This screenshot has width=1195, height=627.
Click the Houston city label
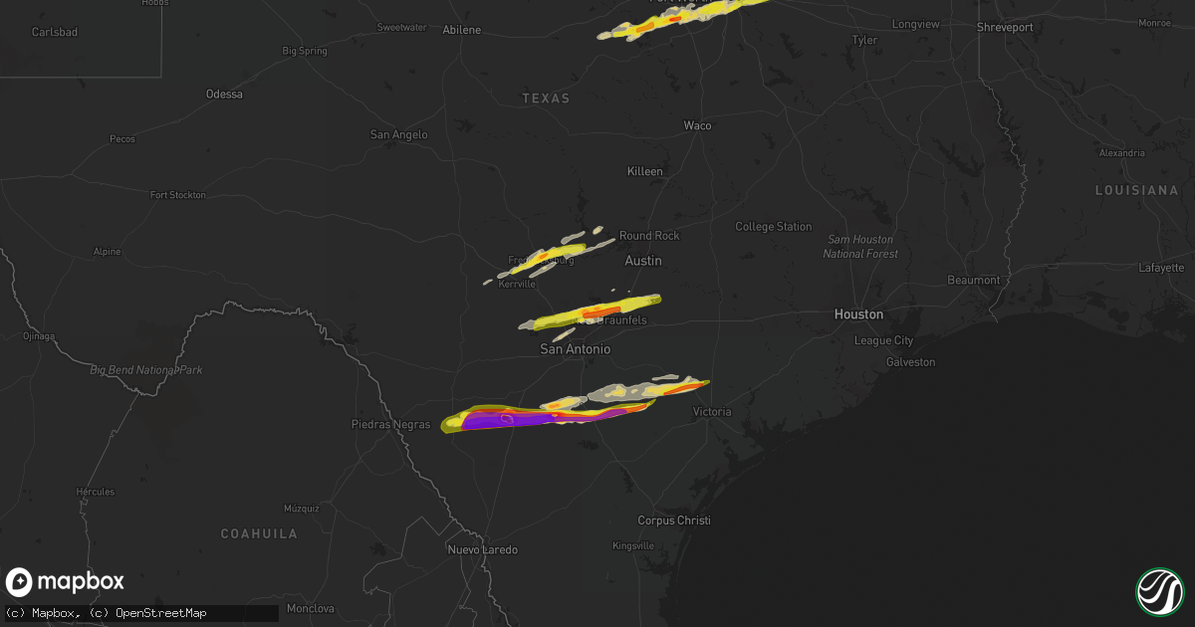pos(858,313)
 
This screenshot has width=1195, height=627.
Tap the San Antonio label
pos(575,349)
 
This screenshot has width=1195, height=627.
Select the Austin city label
pos(642,261)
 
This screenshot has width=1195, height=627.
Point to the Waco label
pos(697,125)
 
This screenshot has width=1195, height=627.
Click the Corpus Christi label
pos(674,521)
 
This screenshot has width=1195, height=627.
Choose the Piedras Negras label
pos(390,424)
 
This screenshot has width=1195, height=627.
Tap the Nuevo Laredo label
pos(483,549)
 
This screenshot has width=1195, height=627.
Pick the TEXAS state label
pos(546,99)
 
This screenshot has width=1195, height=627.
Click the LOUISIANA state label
pos(1136,190)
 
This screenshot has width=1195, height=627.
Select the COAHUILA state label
pos(259,534)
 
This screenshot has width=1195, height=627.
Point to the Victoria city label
pos(712,411)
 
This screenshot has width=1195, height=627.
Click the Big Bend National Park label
pos(146,370)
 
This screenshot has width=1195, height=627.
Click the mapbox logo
pos(65,582)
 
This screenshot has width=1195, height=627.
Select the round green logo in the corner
pos(1159,590)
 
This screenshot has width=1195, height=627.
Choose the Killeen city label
pos(644,171)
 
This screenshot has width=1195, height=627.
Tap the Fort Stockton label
pos(177,195)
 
